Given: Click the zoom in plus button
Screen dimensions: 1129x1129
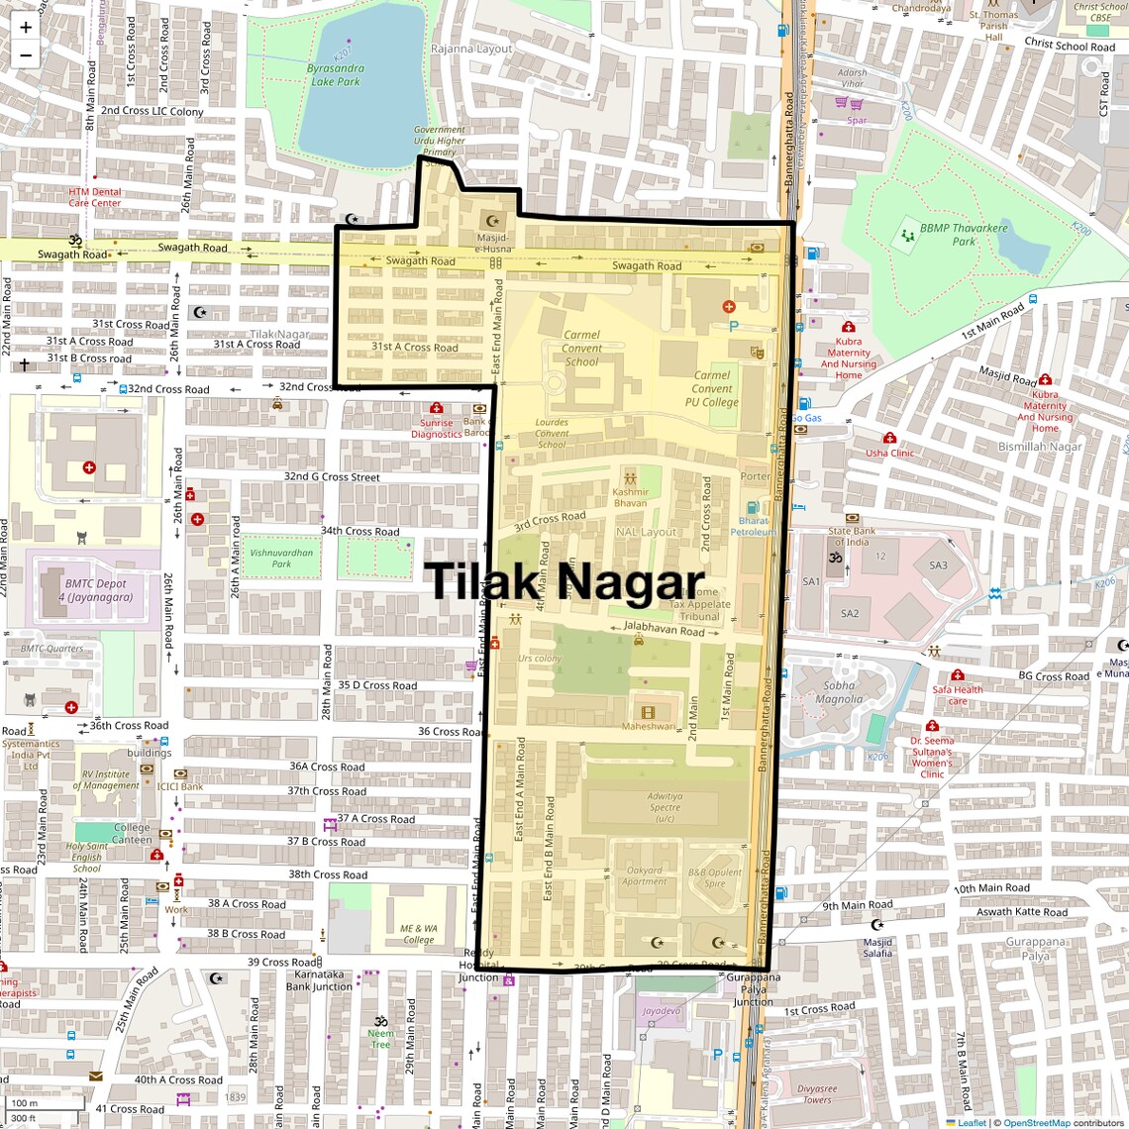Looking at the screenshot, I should click(x=26, y=28).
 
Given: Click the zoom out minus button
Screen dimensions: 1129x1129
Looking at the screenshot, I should click(x=26, y=55).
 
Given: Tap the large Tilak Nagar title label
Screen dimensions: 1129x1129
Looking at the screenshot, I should click(x=564, y=580).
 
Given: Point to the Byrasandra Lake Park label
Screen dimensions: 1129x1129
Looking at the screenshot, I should click(x=336, y=75).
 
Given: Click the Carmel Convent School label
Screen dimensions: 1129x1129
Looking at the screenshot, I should click(x=581, y=349).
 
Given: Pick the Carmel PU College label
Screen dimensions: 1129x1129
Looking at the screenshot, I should click(x=712, y=388).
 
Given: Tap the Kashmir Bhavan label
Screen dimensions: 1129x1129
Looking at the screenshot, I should click(x=630, y=497).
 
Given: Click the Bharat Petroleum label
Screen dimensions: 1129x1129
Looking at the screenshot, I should click(x=754, y=526).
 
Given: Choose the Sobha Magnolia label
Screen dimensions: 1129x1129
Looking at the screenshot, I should click(x=839, y=692).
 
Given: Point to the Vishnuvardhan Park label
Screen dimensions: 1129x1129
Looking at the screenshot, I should click(x=281, y=559).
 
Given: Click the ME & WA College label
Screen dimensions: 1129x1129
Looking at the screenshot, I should click(x=418, y=934).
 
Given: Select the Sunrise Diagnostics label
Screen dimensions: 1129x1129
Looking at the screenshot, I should click(x=436, y=428).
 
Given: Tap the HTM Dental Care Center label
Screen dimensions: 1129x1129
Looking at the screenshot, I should click(x=95, y=197).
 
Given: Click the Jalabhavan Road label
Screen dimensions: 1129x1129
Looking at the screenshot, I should click(x=665, y=629).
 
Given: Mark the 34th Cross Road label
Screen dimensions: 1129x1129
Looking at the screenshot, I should click(x=359, y=532).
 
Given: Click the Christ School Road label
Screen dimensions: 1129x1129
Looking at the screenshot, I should click(x=1069, y=45).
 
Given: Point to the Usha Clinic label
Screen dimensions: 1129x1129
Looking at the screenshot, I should click(x=889, y=453).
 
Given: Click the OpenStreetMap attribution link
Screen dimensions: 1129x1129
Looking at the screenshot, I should click(x=1036, y=1123).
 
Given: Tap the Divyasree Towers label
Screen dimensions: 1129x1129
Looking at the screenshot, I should click(x=817, y=1093).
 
